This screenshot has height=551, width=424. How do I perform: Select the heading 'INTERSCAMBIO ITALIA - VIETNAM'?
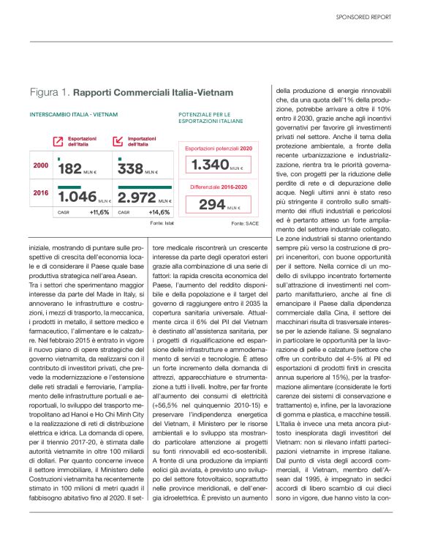[73, 115]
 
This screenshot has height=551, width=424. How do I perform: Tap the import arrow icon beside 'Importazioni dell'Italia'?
[118, 140]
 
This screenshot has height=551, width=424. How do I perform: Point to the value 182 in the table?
[70, 170]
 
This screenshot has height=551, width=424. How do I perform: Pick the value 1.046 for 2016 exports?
[77, 197]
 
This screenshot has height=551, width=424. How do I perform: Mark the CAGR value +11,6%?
[99, 212]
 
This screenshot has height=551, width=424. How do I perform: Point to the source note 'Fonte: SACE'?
[243, 222]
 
